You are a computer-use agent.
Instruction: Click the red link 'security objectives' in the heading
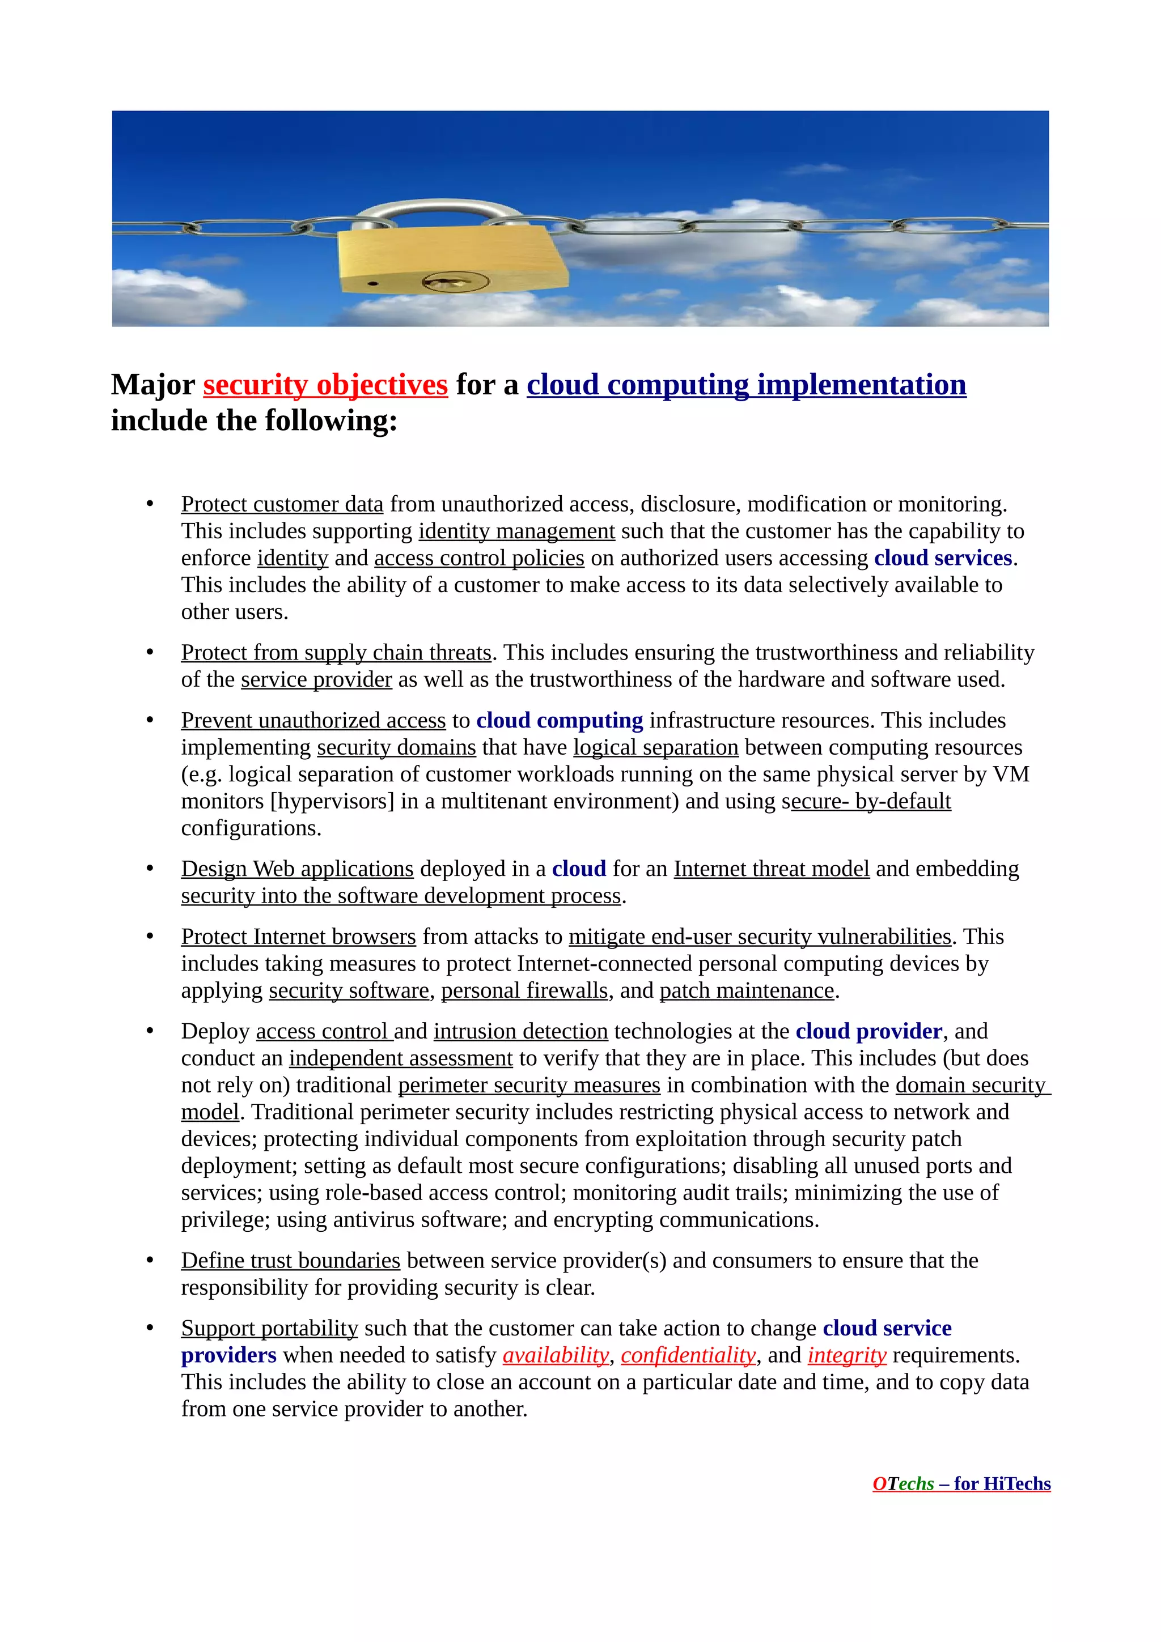pyautogui.click(x=325, y=385)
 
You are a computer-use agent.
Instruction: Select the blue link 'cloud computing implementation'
pyautogui.click(x=746, y=385)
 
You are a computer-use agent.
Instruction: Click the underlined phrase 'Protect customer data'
pyautogui.click(x=282, y=504)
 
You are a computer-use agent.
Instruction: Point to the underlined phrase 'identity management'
pyautogui.click(x=516, y=531)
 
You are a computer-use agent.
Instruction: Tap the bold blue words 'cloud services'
pyautogui.click(x=943, y=558)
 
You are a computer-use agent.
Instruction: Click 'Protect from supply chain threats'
pyautogui.click(x=336, y=652)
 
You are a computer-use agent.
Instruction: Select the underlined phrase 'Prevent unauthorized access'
pyautogui.click(x=313, y=720)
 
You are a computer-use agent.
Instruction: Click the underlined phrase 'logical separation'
pyautogui.click(x=655, y=747)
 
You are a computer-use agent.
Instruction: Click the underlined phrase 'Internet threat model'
pyautogui.click(x=771, y=869)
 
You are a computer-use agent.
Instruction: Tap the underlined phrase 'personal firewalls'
pyautogui.click(x=524, y=990)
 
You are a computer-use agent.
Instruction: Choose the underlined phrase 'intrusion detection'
pyautogui.click(x=521, y=1031)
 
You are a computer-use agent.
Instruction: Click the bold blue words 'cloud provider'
pyautogui.click(x=868, y=1031)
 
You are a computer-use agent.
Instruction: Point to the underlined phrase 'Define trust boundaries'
pyautogui.click(x=290, y=1260)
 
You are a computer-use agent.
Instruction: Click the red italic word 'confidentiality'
pyautogui.click(x=688, y=1355)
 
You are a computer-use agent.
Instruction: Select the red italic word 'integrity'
pyautogui.click(x=847, y=1355)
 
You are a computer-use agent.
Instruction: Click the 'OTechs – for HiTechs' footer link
pyautogui.click(x=961, y=1484)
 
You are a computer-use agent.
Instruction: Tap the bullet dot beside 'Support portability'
pyautogui.click(x=150, y=1328)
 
